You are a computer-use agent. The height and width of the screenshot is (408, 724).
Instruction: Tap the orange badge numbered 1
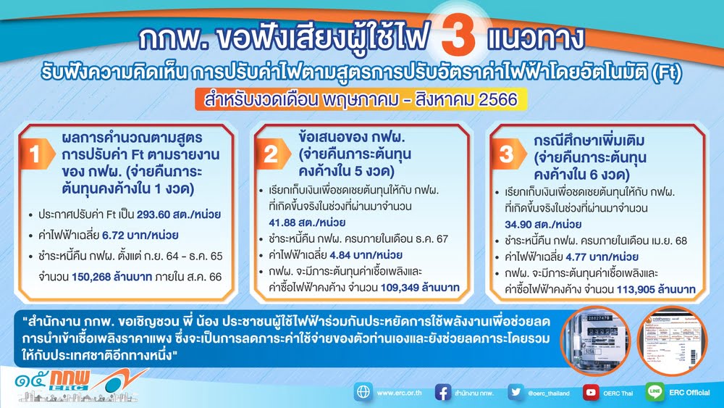(36, 154)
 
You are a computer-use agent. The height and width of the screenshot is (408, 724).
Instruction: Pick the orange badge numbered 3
(508, 154)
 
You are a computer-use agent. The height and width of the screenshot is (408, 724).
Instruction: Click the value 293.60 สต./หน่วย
(179, 215)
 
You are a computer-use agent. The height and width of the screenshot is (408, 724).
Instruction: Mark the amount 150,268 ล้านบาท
(111, 277)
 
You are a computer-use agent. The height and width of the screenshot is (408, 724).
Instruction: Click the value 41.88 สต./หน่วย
(307, 222)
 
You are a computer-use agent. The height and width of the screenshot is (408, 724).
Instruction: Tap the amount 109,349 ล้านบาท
(420, 288)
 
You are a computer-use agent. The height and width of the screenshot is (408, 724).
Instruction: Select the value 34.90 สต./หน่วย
(542, 225)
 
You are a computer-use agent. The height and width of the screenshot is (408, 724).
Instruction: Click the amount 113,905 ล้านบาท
(656, 290)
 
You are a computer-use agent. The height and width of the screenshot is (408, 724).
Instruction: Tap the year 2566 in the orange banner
(497, 99)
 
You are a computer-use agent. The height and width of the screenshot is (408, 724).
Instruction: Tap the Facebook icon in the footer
(443, 393)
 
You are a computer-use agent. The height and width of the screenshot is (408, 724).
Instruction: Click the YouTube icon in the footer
(591, 393)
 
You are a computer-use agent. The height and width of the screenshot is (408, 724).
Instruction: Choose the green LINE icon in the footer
(654, 392)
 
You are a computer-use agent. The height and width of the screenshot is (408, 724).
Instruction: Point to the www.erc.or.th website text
(399, 394)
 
